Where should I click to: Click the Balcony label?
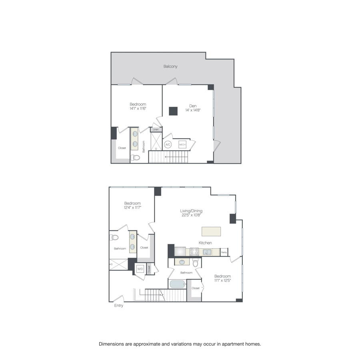coord(170,66)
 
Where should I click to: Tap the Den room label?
coord(192,106)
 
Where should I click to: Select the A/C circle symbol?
coord(168,145)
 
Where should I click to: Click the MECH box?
coord(182,145)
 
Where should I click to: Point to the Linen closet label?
coord(156,130)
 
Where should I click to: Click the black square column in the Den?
coord(173,111)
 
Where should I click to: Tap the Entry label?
coord(118,306)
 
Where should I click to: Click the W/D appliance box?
coord(140,269)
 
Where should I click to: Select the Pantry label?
coord(224,252)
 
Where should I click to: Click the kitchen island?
coord(211,232)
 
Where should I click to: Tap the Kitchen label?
coord(205,243)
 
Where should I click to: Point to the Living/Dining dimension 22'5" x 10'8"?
coord(190,215)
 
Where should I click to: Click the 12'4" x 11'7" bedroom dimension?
coord(132,208)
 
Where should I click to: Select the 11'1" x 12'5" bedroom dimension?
coord(222,281)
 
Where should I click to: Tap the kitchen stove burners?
coord(194,252)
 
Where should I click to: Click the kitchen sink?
coord(207,252)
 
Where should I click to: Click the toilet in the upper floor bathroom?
coord(136,157)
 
